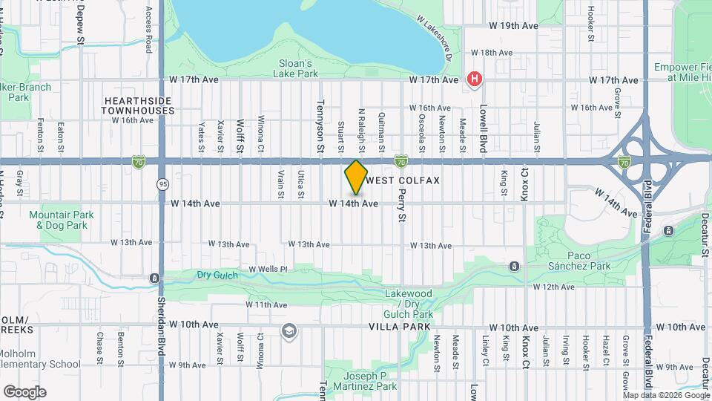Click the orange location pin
tap(356, 177)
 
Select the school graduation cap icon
tap(289, 330)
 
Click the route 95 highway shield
tap(162, 183)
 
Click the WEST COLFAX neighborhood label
tap(403, 180)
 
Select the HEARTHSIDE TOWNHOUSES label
tap(139, 105)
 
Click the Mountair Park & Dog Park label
tap(62, 220)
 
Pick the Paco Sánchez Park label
tap(578, 260)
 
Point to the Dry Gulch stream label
tap(215, 275)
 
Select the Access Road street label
tap(149, 30)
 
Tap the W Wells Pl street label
tap(267, 269)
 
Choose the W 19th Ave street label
tap(513, 25)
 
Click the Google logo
tap(24, 391)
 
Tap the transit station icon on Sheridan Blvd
tap(154, 278)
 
